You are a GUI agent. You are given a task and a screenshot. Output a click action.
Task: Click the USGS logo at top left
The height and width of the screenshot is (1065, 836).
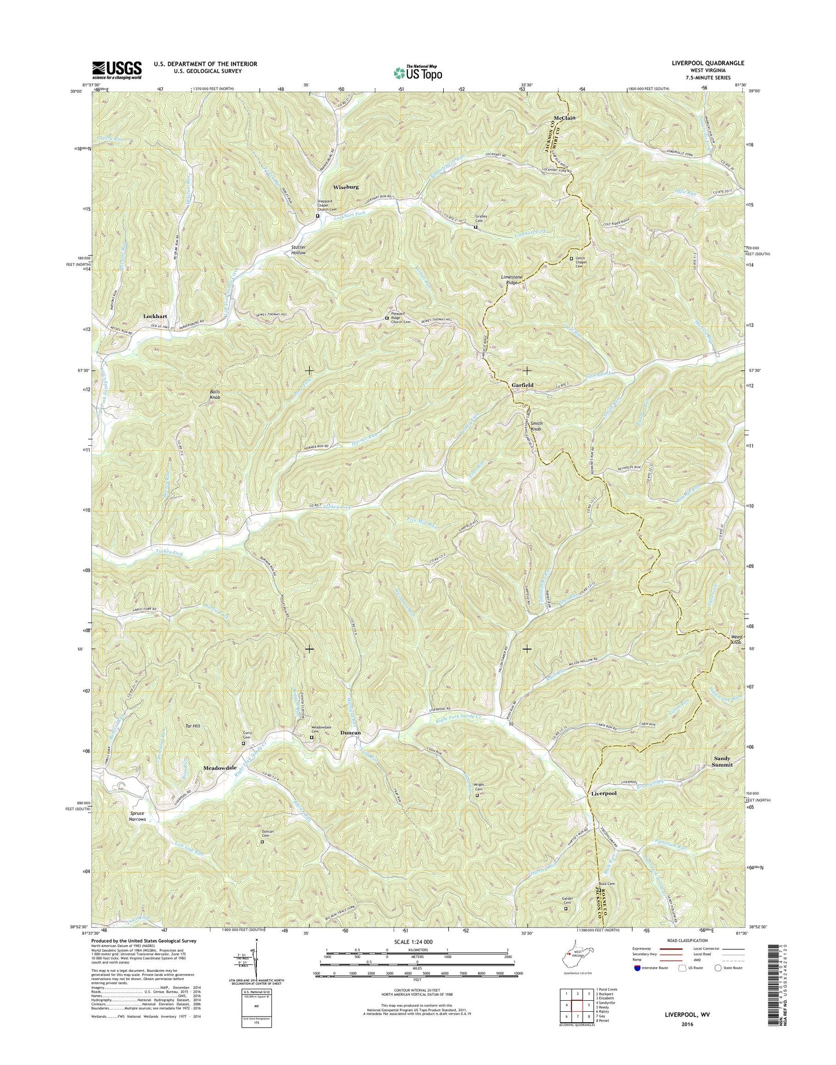click(116, 70)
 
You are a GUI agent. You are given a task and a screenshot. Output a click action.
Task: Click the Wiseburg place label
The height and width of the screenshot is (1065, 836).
click(346, 187)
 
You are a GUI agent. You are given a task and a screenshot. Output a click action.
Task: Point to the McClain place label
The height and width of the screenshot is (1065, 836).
click(564, 118)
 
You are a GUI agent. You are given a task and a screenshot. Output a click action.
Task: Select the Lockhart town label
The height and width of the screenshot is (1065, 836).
click(155, 316)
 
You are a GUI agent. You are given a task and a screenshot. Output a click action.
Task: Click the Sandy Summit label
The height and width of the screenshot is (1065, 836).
click(723, 761)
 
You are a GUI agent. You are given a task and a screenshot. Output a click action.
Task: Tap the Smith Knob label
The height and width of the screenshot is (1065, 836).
click(536, 427)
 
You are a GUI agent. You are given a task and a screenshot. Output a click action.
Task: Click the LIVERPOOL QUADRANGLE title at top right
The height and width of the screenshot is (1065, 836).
click(708, 63)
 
